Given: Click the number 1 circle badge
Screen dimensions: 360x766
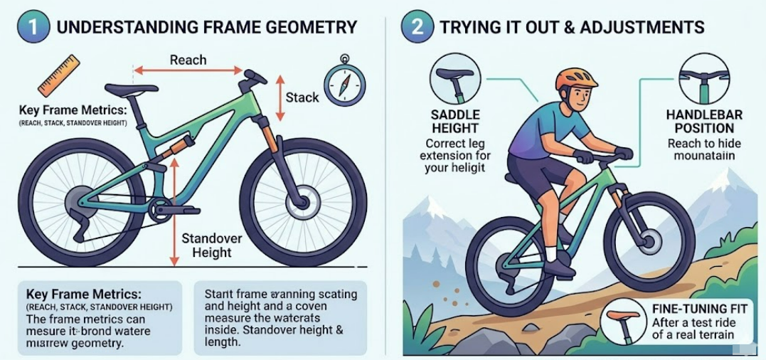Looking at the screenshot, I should [x=33, y=28].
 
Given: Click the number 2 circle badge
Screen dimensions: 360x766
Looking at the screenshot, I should [x=415, y=28].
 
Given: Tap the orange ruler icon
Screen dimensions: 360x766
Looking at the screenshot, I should [x=59, y=75].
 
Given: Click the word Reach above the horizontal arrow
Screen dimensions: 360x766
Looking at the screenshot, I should [x=188, y=60].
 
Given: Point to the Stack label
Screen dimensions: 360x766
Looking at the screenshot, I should [x=302, y=97].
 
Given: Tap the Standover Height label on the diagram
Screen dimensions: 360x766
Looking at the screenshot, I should [x=212, y=245].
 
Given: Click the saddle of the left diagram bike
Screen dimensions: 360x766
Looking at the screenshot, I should [x=132, y=89].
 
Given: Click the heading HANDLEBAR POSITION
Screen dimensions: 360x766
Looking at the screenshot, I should [x=704, y=122].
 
